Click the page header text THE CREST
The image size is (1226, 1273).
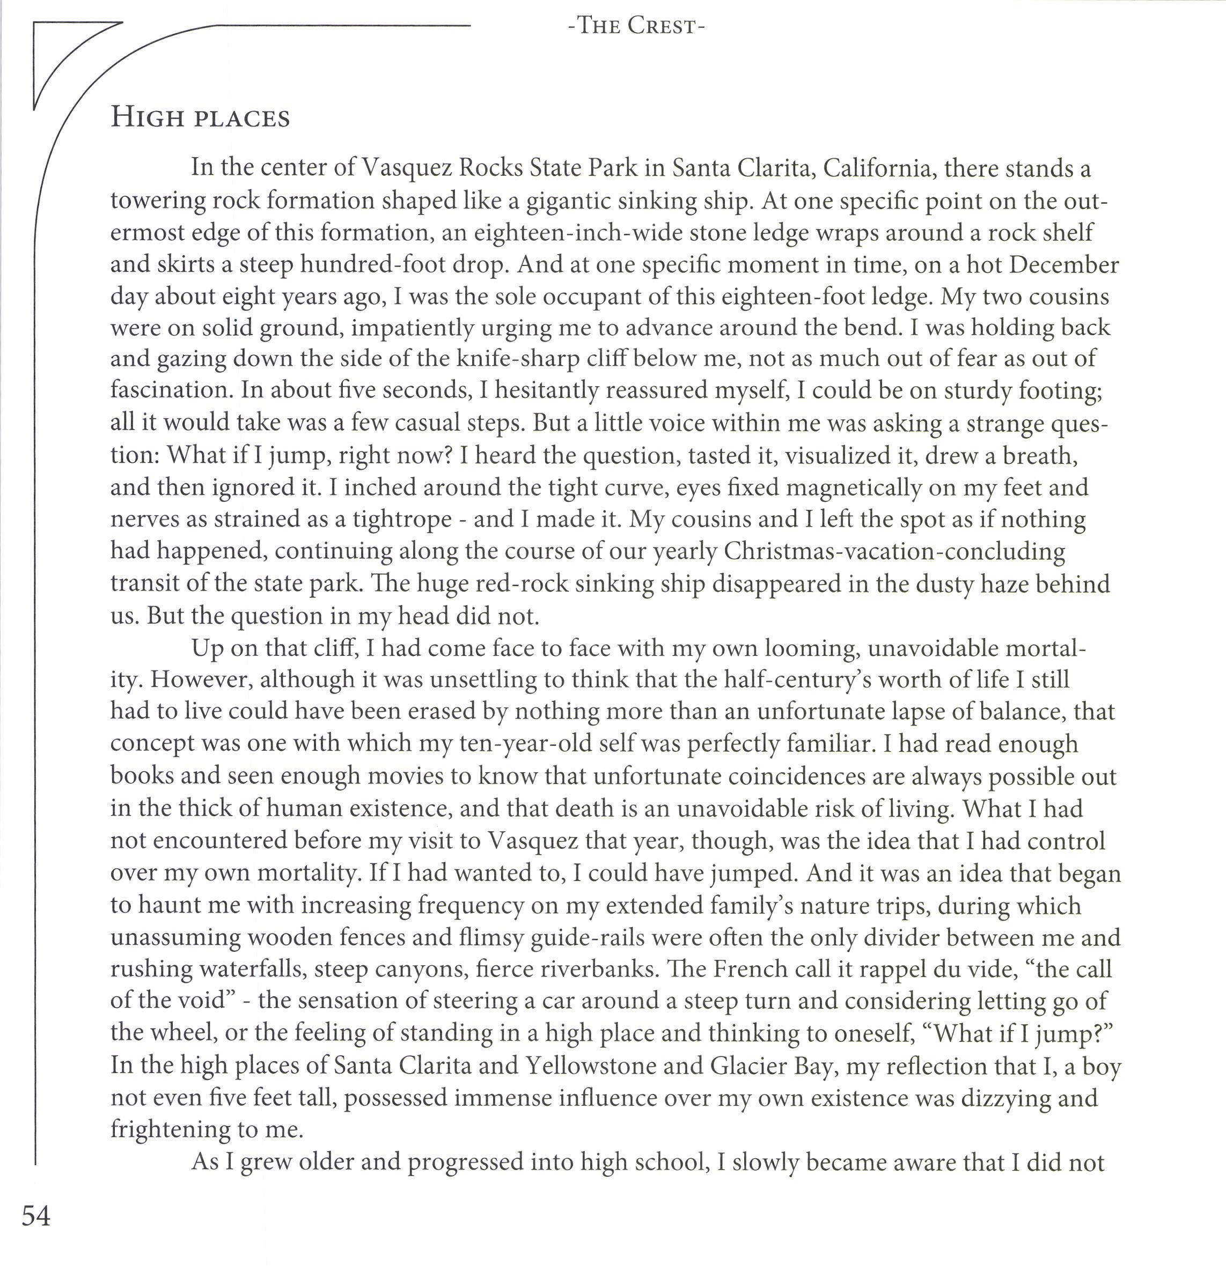click(x=636, y=27)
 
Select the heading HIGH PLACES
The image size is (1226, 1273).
click(x=200, y=118)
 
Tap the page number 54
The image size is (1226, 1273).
click(x=36, y=1215)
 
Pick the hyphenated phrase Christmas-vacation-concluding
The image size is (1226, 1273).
click(x=894, y=551)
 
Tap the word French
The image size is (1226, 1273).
click(x=754, y=969)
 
